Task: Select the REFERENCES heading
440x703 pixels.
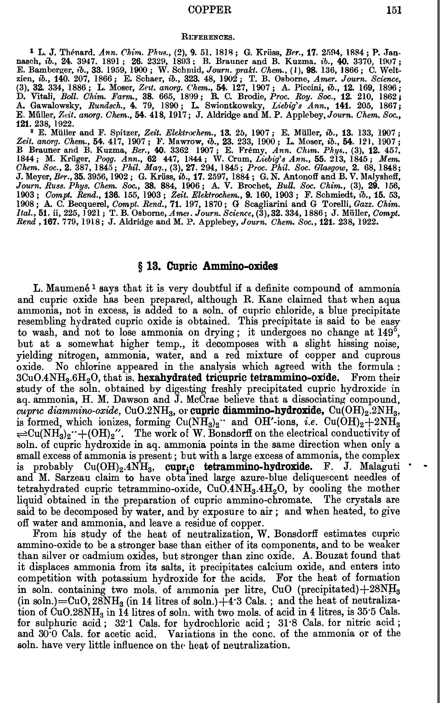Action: pyautogui.click(x=207, y=37)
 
